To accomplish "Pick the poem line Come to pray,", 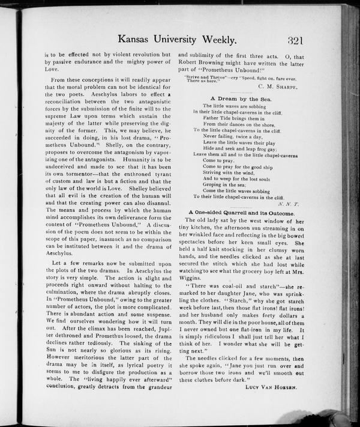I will [218, 160].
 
